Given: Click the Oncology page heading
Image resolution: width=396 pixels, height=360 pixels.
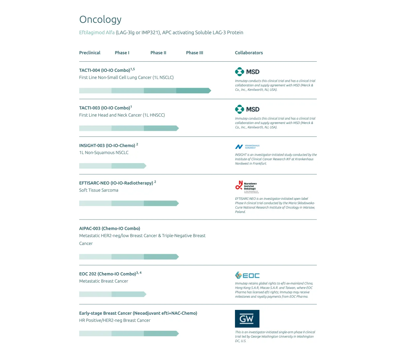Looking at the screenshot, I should [100, 20].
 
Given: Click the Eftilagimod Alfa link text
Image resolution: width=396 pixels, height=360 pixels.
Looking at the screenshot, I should [97, 33].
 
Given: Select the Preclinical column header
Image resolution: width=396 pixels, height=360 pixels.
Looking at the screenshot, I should [90, 53].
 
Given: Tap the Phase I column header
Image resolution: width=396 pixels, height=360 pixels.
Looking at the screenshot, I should [122, 53].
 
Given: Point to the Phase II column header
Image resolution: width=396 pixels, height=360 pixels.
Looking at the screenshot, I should [158, 53].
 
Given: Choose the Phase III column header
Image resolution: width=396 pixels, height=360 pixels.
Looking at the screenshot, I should [195, 53].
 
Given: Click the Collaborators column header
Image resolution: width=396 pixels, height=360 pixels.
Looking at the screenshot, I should [249, 53].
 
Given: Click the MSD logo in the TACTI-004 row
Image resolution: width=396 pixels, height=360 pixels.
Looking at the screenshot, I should [247, 72].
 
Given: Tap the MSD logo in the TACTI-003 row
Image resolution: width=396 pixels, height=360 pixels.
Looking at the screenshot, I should [247, 109].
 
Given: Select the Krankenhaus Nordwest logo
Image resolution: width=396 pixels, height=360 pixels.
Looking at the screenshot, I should [247, 147].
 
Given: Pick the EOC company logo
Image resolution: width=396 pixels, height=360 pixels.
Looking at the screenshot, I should [247, 276].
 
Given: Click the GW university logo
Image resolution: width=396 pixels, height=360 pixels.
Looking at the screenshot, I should [247, 319].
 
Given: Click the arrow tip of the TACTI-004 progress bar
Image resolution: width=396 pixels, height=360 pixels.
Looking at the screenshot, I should [209, 91].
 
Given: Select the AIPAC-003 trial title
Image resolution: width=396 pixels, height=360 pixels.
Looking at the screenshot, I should [110, 228].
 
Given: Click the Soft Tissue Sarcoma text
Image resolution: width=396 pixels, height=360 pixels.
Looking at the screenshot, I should [99, 190].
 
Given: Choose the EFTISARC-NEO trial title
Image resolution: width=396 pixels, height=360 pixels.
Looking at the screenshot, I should [116, 183].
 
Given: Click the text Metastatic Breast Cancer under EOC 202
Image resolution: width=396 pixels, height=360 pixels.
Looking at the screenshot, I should [104, 281].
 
